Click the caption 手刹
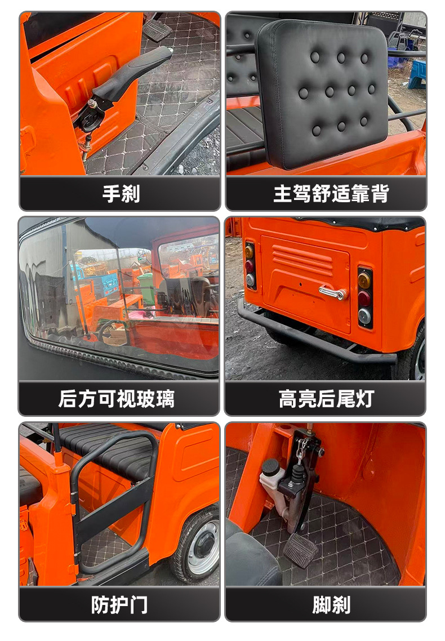121,193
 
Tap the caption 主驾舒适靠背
331,193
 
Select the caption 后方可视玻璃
117,399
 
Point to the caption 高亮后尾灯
326,399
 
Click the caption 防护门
119,604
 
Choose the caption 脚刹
331,604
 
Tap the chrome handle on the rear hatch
333,292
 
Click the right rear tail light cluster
364,297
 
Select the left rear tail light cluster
250,266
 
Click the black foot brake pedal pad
300,550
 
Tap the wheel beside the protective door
197,544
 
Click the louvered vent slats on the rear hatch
303,261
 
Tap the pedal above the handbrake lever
157,29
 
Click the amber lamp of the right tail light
364,281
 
